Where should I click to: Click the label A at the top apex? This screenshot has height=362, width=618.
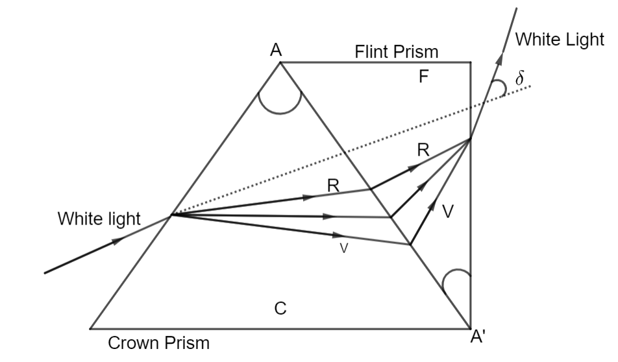277,50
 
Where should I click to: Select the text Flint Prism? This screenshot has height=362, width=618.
397,51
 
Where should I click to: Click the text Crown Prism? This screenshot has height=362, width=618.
159,343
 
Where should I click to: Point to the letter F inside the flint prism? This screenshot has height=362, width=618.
423,78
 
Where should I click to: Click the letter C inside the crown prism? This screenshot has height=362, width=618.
280,309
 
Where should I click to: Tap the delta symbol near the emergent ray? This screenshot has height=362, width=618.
519,78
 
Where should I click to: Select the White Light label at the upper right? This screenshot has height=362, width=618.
560,40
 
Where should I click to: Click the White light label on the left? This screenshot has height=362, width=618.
99,219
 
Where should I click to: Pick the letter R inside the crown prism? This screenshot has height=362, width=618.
333,186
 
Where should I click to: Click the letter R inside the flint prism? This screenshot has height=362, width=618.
423,150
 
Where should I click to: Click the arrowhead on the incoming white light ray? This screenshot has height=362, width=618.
117,241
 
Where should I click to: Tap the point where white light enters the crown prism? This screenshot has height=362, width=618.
170,215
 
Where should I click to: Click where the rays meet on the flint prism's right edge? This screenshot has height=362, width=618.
470,139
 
